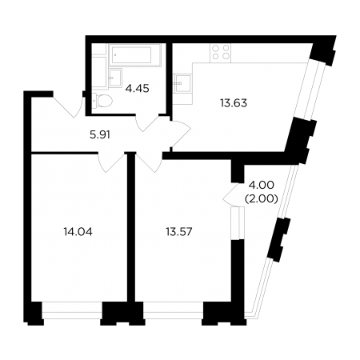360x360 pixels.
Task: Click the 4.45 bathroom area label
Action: coord(137,88)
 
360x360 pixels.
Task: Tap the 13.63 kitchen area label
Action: coord(234,103)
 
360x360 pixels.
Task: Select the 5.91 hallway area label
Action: coord(100,135)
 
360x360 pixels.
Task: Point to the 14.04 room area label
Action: coord(78,232)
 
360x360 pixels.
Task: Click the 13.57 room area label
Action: coord(179,232)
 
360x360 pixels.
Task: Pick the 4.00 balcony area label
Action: coord(261,185)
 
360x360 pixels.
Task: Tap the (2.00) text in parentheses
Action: coord(262,198)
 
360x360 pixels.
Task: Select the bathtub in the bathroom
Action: coord(135,55)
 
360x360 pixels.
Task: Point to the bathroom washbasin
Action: coord(115,78)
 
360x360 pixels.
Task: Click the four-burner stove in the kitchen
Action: coord(221,52)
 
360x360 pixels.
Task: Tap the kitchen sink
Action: coord(183,83)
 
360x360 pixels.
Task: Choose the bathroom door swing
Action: coord(147,122)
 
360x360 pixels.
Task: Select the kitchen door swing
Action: coord(181,134)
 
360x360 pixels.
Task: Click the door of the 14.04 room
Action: coord(111,162)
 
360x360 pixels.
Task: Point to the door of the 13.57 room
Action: coord(149,162)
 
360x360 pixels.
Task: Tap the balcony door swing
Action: coord(231,194)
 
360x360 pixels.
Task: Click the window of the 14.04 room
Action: coord(72,310)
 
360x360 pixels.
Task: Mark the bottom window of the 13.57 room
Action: coord(173,310)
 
